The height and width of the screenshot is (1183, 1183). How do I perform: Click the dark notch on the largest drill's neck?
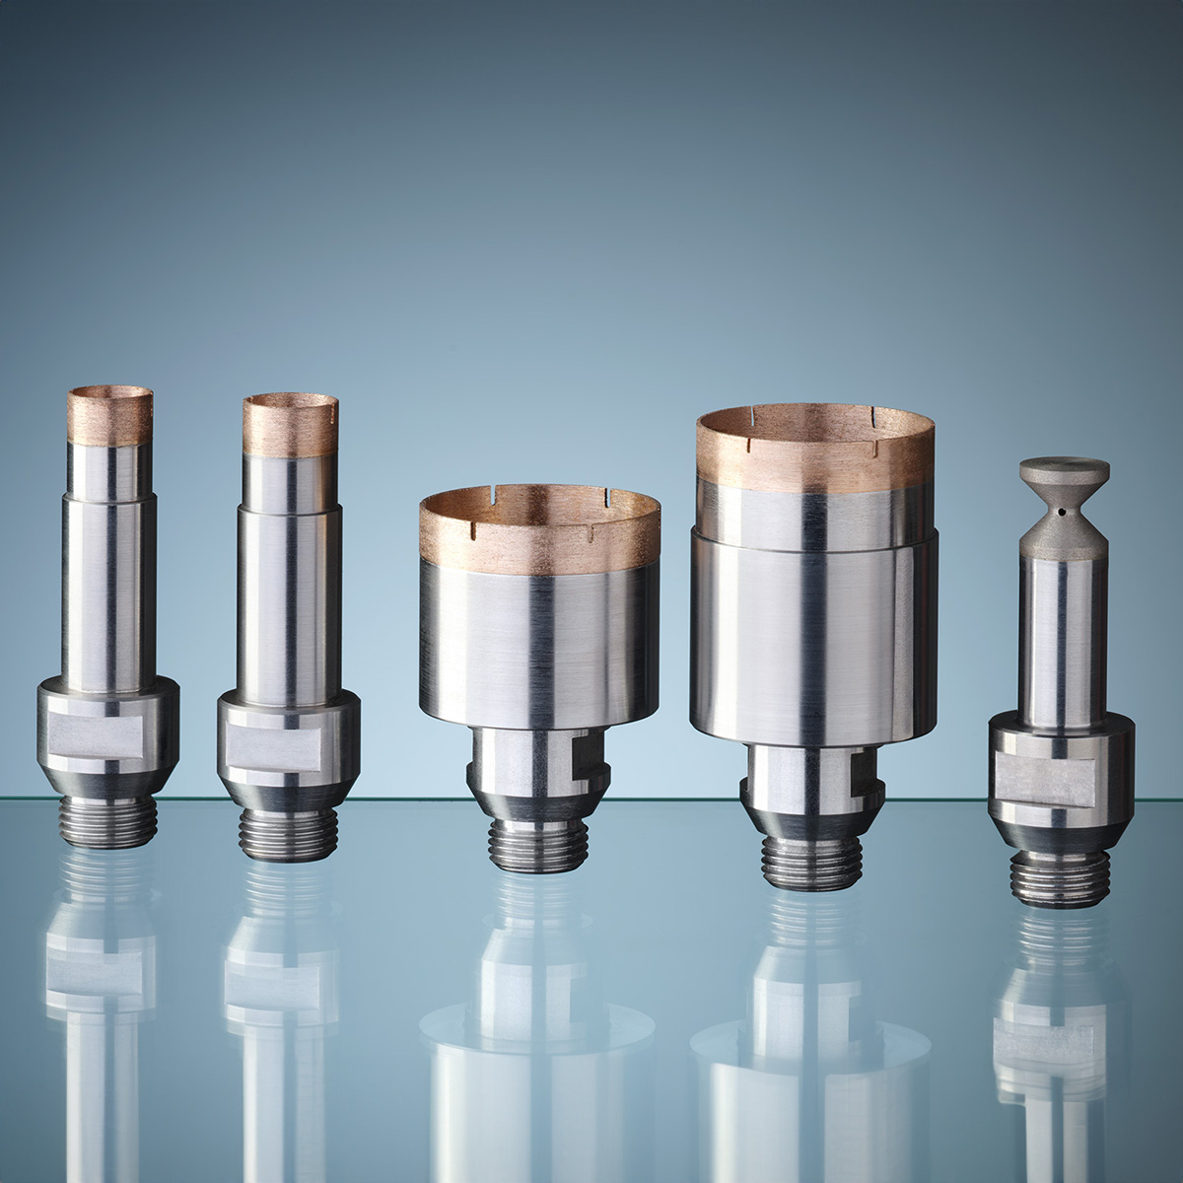pos(861,770)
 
